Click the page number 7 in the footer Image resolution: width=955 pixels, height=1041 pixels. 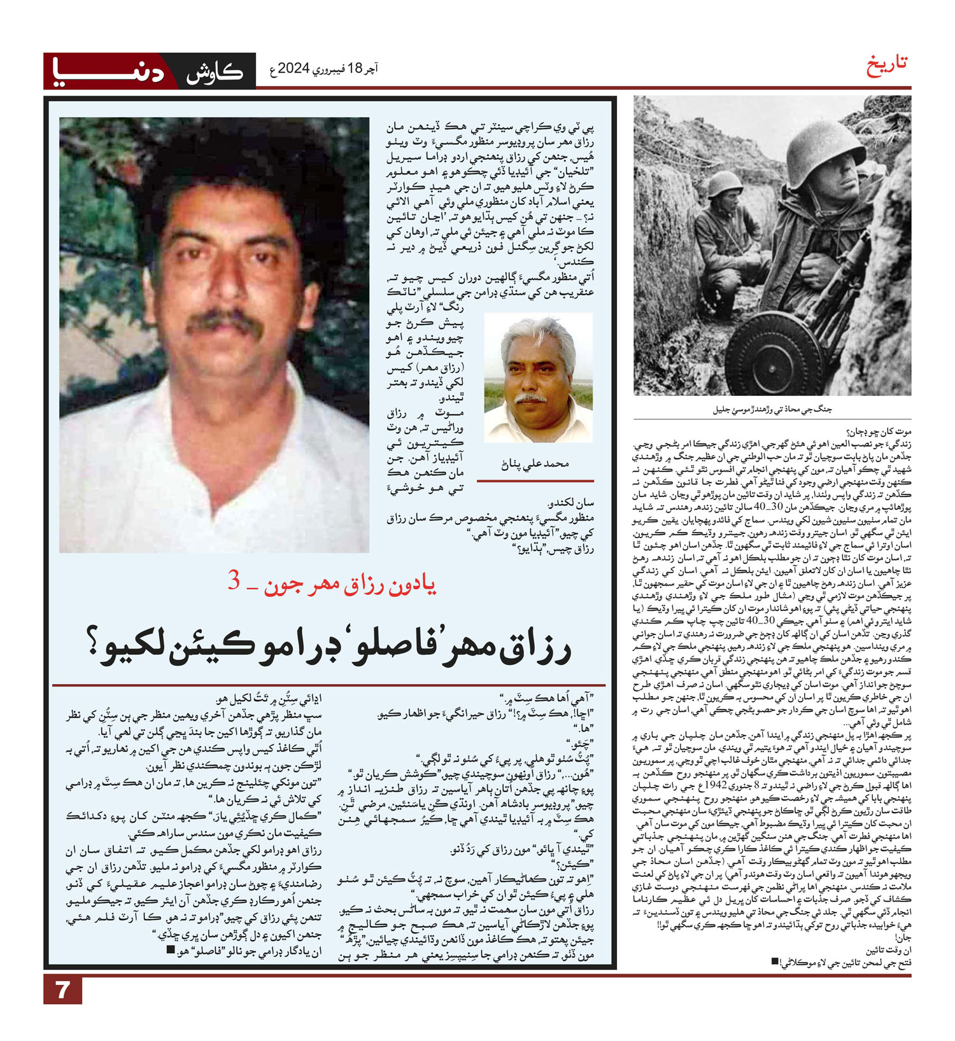[62, 990]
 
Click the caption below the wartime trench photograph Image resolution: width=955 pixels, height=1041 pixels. [772, 410]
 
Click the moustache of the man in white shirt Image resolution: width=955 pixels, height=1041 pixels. [226, 321]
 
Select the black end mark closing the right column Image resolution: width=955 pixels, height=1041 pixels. [774, 961]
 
